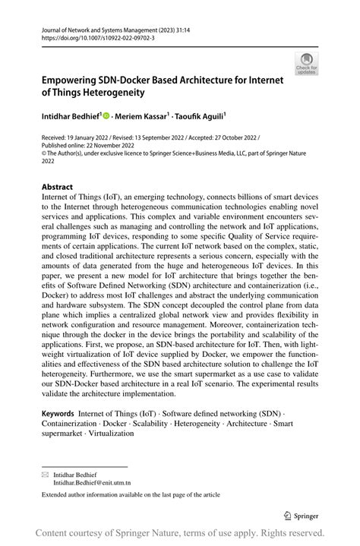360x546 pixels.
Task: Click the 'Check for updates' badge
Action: [x=306, y=64]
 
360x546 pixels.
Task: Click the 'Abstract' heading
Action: [x=57, y=187]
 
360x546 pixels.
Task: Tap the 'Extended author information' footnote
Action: [x=130, y=495]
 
